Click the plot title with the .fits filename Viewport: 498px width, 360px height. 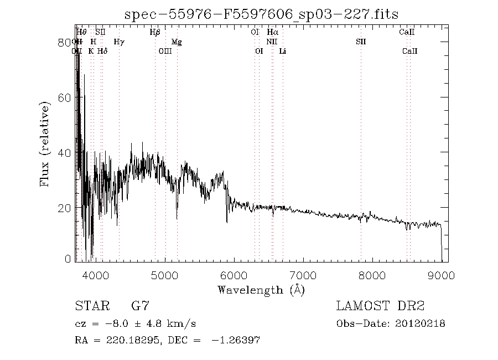click(262, 14)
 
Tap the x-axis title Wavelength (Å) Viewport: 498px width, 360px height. click(261, 290)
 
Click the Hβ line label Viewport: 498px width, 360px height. click(155, 33)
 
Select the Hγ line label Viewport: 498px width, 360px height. click(119, 42)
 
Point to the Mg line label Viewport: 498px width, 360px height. click(177, 42)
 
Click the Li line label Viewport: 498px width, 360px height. click(283, 51)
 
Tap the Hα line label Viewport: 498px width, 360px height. click(272, 33)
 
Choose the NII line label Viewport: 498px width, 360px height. click(271, 42)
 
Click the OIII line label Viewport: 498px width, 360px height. click(165, 51)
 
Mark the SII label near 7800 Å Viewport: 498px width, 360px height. click(361, 42)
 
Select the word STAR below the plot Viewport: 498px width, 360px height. click(90, 306)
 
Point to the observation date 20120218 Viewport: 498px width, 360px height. click(421, 323)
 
